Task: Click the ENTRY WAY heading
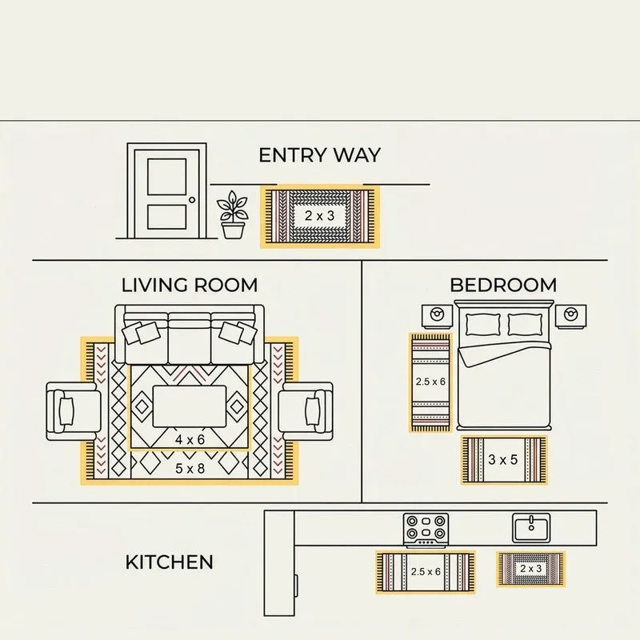(x=319, y=155)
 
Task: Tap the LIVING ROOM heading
(x=190, y=285)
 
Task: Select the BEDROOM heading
(x=503, y=285)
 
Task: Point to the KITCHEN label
(x=169, y=562)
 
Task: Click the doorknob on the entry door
(x=192, y=199)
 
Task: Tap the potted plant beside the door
(x=233, y=214)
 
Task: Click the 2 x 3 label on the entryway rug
(x=319, y=215)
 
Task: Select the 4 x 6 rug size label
(x=190, y=439)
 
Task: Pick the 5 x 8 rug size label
(x=190, y=469)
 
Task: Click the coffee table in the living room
(x=190, y=406)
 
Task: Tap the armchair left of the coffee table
(x=74, y=411)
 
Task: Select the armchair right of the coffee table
(x=306, y=411)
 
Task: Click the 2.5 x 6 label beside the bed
(x=430, y=382)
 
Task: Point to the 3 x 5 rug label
(x=503, y=459)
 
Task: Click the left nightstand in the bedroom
(x=437, y=316)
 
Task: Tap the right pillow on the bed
(x=526, y=325)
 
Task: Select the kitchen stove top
(x=426, y=530)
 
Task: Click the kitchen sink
(x=531, y=528)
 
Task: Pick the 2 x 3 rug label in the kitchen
(x=530, y=569)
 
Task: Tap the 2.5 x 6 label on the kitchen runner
(x=426, y=571)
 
